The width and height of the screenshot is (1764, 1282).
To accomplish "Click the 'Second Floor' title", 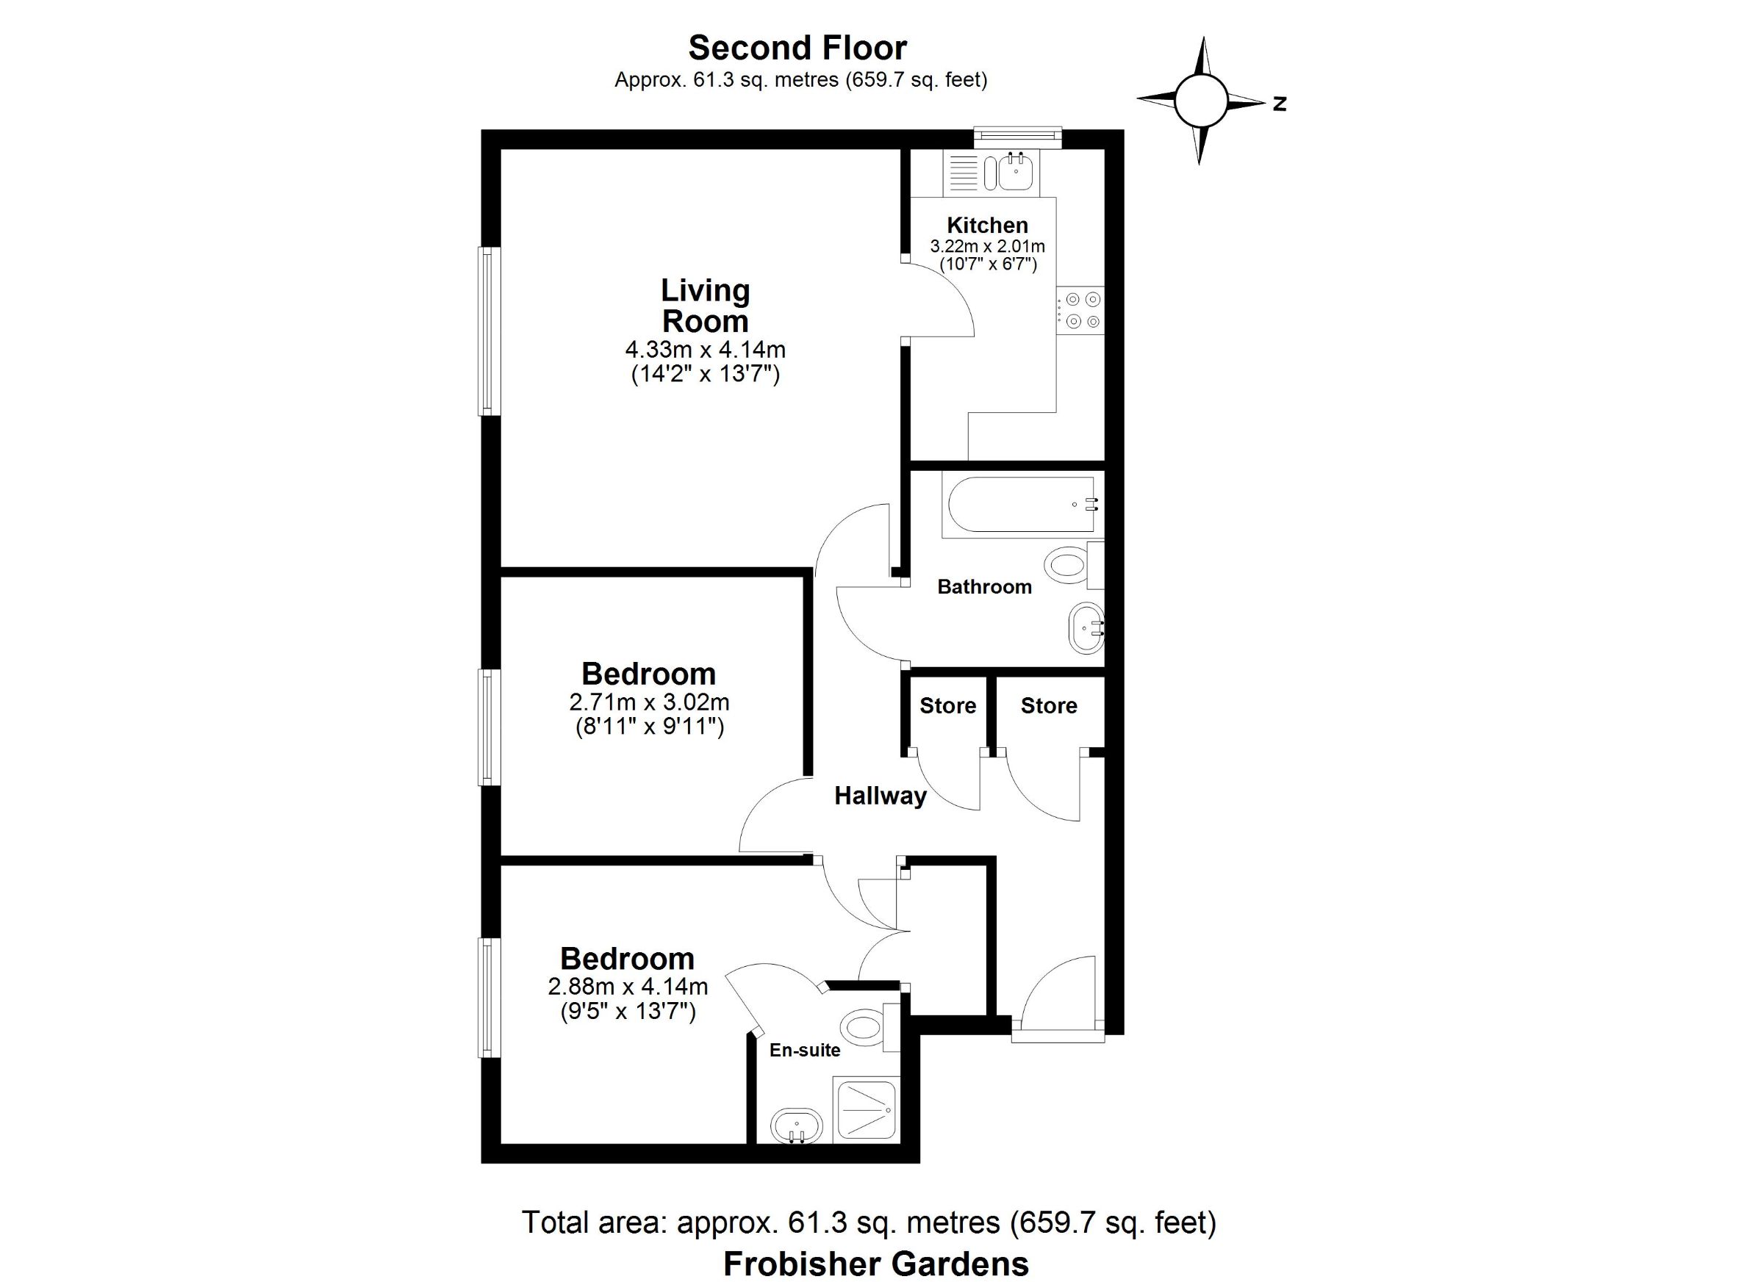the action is click(797, 48).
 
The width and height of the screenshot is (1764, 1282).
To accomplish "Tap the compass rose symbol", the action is click(1200, 101).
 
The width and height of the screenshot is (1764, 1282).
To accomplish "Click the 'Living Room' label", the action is click(706, 306).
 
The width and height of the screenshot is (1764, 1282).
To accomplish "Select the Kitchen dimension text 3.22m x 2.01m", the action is click(988, 246).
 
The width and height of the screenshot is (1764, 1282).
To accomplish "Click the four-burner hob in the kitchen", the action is click(1080, 309).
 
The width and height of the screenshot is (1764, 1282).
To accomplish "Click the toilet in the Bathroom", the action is click(1075, 564).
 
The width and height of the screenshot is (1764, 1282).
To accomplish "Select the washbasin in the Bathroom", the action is click(1086, 628).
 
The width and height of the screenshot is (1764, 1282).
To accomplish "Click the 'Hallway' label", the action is click(881, 796).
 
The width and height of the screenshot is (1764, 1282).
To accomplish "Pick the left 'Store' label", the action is click(947, 706).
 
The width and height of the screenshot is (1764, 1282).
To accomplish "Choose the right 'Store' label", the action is click(1048, 706).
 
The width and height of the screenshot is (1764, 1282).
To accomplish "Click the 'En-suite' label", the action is click(805, 1051).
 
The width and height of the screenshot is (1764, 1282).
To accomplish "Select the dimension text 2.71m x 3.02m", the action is click(650, 702).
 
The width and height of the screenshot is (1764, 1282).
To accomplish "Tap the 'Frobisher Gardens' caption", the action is click(876, 1264).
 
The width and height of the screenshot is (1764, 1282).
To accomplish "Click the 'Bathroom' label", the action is click(985, 586).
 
